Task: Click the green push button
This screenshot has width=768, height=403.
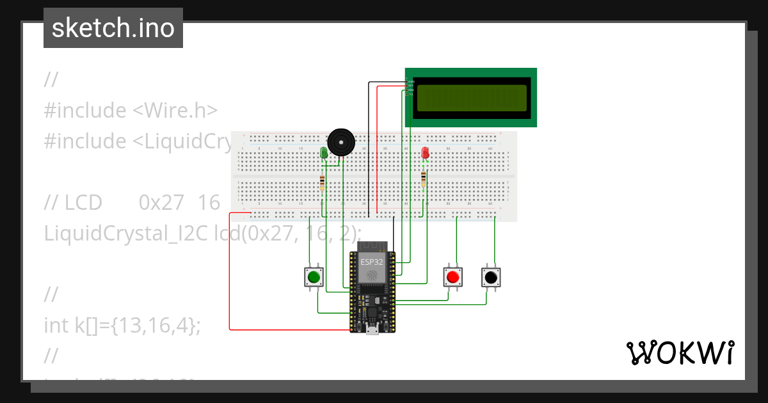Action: [x=314, y=277]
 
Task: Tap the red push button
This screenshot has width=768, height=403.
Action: [x=453, y=277]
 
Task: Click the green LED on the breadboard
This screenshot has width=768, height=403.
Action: [x=324, y=153]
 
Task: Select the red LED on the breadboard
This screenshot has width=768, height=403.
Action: [x=426, y=153]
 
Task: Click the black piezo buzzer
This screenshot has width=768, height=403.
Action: [x=340, y=141]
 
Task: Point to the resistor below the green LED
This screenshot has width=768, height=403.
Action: [x=322, y=184]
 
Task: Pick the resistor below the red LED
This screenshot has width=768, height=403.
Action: [x=423, y=180]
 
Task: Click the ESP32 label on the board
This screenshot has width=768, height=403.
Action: [x=372, y=262]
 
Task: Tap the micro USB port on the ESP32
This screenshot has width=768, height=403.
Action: [x=372, y=329]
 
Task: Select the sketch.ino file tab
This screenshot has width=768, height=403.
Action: [x=113, y=28]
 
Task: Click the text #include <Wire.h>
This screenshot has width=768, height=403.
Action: [x=131, y=110]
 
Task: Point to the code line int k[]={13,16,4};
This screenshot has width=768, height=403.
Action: [x=122, y=325]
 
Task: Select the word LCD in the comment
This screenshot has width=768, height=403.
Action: [x=83, y=202]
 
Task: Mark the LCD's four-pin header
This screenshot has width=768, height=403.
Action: [x=407, y=87]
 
